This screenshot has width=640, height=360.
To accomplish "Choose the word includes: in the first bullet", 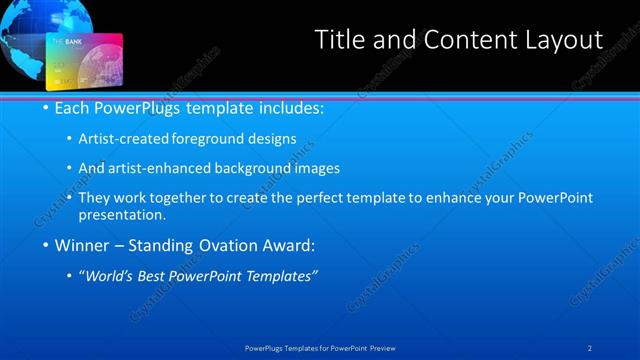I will coord(289,107).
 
